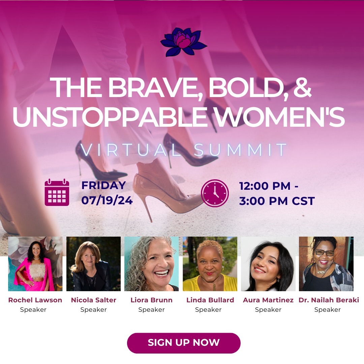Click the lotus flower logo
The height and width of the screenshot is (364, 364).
click(x=183, y=42)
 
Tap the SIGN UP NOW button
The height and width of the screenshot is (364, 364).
click(x=184, y=343)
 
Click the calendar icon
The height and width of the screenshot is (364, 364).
click(x=57, y=192)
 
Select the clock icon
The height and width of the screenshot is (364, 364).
click(x=215, y=193)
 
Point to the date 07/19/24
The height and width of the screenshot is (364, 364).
click(x=107, y=200)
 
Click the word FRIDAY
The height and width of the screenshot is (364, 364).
click(x=103, y=185)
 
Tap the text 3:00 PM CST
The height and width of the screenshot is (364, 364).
click(x=277, y=201)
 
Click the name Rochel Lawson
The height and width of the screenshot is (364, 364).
click(x=35, y=300)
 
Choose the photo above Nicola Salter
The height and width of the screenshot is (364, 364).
click(x=94, y=264)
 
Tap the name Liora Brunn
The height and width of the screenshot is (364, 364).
click(x=151, y=300)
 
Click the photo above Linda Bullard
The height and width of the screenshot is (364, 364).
click(x=210, y=264)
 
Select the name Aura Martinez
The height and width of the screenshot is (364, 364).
click(x=268, y=300)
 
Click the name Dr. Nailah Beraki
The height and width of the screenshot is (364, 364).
click(x=329, y=300)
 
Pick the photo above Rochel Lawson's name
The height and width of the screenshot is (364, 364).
click(x=35, y=264)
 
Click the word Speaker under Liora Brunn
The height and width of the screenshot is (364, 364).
click(x=151, y=310)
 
